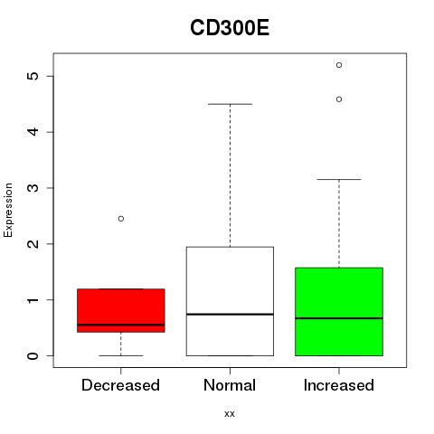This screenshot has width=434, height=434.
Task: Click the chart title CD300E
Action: click(230, 28)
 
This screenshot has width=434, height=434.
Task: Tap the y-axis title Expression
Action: click(8, 210)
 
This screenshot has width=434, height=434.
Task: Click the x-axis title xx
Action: click(230, 414)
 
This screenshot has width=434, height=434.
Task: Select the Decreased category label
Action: click(120, 385)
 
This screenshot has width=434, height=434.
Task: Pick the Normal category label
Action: click(230, 385)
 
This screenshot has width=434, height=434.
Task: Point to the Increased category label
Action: click(339, 385)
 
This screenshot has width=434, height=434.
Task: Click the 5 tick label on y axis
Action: click(33, 76)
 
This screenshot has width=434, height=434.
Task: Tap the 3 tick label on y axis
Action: click(33, 188)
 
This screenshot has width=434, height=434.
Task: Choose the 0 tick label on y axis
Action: click(33, 355)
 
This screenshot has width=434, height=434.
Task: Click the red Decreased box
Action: click(121, 310)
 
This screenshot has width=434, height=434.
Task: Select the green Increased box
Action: click(339, 312)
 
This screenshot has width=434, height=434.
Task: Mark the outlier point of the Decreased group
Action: click(121, 219)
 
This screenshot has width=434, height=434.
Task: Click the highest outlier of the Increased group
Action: click(339, 65)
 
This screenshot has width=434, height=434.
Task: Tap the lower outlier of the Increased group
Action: click(339, 99)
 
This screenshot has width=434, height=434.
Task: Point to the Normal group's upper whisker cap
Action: click(230, 104)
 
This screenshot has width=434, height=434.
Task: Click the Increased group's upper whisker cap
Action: click(339, 179)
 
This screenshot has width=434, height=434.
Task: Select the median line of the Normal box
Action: click(230, 315)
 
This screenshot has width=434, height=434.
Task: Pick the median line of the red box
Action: click(121, 325)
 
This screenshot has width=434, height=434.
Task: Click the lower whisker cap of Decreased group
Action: click(121, 355)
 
